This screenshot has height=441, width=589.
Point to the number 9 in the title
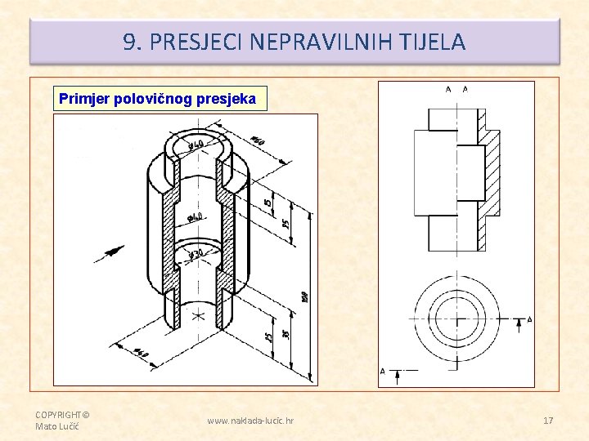[129, 42]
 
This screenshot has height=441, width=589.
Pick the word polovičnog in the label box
[157, 100]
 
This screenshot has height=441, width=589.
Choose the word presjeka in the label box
[232, 100]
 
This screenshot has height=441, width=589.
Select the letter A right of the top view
[529, 319]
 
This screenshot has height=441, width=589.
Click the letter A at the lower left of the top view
[383, 372]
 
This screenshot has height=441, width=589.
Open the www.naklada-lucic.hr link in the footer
[250, 421]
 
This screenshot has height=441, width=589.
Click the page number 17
[548, 421]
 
